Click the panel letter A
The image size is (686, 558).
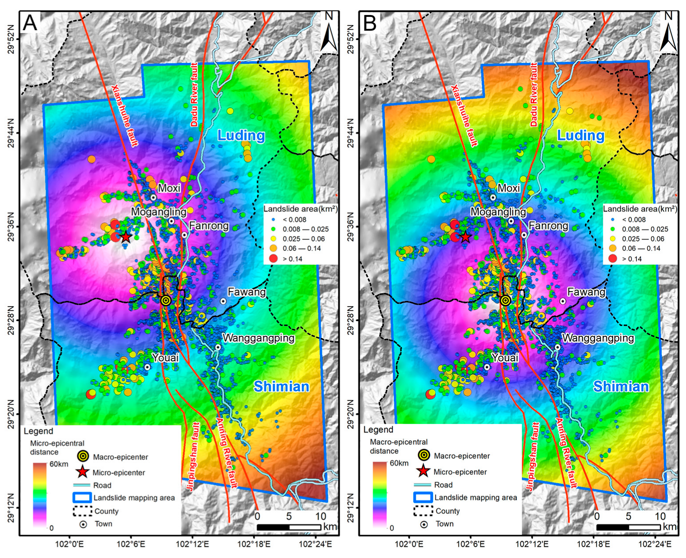tap(30, 23)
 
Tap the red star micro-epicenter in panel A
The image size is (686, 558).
tap(126, 237)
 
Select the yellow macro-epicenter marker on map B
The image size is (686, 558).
tap(505, 300)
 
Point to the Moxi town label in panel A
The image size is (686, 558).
tap(169, 188)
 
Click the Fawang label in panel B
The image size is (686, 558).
tap(586, 292)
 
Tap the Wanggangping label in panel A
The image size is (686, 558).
tap(259, 338)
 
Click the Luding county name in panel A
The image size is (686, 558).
tap(241, 135)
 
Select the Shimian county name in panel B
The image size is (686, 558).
tap(621, 386)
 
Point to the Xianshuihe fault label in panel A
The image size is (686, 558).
tap(124, 115)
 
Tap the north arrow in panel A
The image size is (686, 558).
tap(329, 33)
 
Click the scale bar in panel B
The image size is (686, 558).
tap(628, 527)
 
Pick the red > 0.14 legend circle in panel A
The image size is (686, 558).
tap(273, 258)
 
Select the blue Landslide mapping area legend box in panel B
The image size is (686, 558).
tap(422, 497)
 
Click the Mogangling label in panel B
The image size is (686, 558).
tap(498, 212)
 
